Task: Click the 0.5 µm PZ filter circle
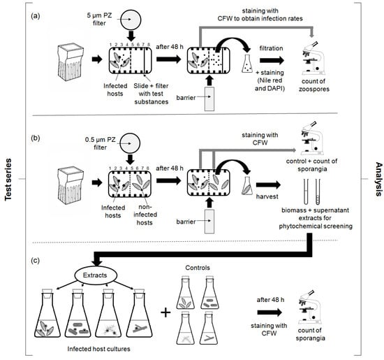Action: [130, 143]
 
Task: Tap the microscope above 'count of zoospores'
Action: [313, 58]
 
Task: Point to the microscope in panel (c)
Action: [309, 307]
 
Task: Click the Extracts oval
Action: [95, 275]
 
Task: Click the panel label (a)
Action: [36, 16]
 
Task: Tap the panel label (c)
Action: [35, 261]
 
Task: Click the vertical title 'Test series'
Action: [8, 180]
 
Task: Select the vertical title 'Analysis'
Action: [378, 179]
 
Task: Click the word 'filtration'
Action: [271, 48]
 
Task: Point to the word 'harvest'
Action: [267, 196]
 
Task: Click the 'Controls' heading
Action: [198, 268]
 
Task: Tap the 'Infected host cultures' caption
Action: [98, 349]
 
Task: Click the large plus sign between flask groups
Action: [165, 313]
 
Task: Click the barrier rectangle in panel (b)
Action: [209, 221]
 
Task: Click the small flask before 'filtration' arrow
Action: [247, 64]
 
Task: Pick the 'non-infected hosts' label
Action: [145, 215]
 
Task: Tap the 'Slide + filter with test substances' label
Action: [151, 94]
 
